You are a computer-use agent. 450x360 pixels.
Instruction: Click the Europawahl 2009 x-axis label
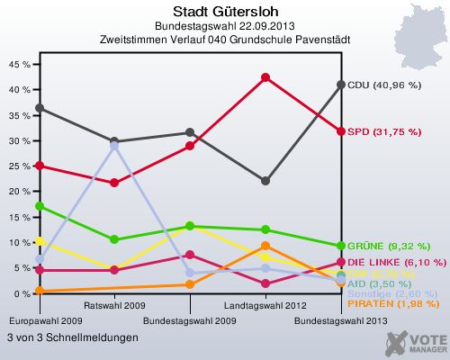pos(39,320)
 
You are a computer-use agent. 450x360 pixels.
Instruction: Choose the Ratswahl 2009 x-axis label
pos(114,306)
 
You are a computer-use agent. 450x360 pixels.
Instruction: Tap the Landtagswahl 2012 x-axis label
pos(265,306)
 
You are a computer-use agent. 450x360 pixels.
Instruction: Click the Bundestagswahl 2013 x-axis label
pos(341,320)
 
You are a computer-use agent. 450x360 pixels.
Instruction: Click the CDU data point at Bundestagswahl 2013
pos(341,85)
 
